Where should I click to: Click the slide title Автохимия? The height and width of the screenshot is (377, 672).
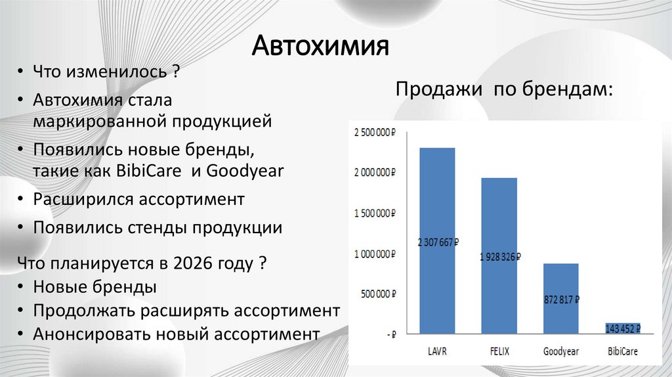pyautogui.click(x=322, y=47)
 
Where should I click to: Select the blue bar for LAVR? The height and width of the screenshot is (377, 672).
pyautogui.click(x=437, y=197)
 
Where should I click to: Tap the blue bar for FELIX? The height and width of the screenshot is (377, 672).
pyautogui.click(x=499, y=217)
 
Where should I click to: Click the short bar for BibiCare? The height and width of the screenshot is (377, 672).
pyautogui.click(x=622, y=328)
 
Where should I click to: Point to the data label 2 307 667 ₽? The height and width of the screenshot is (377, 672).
pyautogui.click(x=438, y=242)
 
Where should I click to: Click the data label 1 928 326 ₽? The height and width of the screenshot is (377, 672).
pyautogui.click(x=499, y=257)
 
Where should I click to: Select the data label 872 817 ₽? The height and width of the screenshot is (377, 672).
pyautogui.click(x=561, y=299)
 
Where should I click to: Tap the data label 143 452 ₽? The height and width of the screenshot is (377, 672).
pyautogui.click(x=622, y=328)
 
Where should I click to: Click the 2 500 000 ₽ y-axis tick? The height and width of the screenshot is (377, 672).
pyautogui.click(x=375, y=133)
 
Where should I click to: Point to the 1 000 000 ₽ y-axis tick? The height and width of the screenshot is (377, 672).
pyautogui.click(x=375, y=254)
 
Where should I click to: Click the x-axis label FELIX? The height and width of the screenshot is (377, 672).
pyautogui.click(x=499, y=351)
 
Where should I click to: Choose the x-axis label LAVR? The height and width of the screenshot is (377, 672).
pyautogui.click(x=438, y=351)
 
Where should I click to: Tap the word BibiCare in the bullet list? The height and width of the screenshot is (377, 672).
pyautogui.click(x=151, y=171)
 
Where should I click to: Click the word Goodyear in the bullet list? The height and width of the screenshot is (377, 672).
pyautogui.click(x=245, y=171)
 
